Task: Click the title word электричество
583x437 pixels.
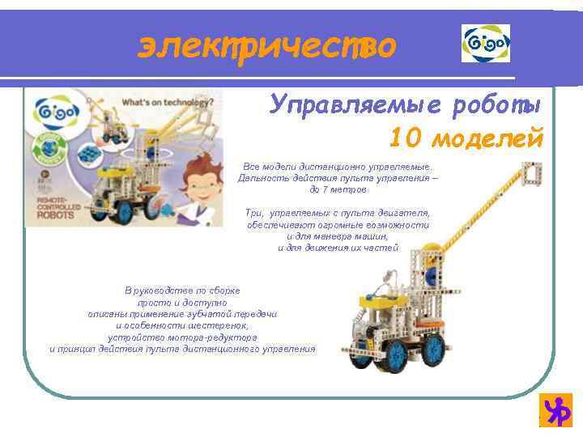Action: click(266, 46)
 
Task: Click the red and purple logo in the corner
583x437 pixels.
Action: click(556, 410)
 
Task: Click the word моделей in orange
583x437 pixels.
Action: click(487, 138)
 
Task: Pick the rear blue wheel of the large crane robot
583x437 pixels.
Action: click(434, 349)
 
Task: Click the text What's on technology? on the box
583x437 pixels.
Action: click(166, 103)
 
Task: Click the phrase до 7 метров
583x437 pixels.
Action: click(338, 189)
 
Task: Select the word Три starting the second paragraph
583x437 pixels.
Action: click(254, 213)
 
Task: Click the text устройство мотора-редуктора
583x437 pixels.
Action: click(181, 337)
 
